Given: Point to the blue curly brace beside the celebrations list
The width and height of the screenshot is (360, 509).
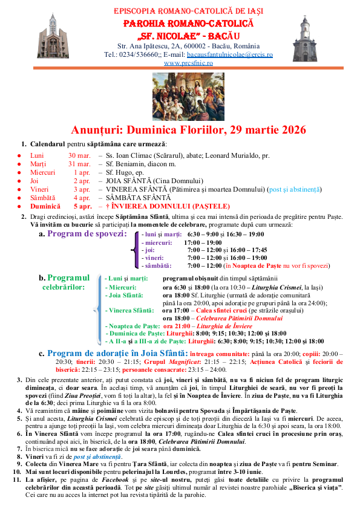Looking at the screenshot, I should click(97, 308).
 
